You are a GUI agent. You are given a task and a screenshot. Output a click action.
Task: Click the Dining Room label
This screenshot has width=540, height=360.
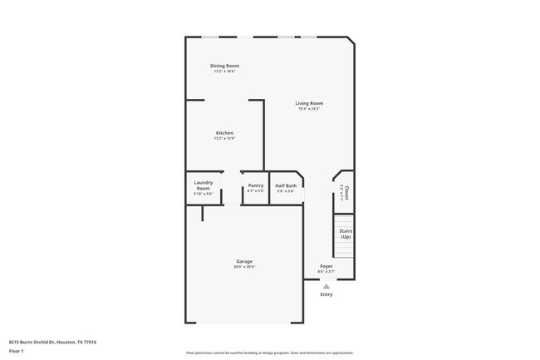224,66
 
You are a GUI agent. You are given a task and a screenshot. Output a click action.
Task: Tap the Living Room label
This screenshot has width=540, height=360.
309,103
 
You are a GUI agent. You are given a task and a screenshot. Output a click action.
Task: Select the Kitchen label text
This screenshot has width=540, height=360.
224,133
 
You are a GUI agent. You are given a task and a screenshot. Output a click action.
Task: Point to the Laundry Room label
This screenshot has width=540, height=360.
204,185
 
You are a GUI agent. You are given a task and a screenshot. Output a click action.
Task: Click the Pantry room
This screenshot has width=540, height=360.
256,188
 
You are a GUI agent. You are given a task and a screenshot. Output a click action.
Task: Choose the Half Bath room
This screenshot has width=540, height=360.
286,188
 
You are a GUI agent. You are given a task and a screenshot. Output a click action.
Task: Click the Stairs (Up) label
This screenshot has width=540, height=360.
346,234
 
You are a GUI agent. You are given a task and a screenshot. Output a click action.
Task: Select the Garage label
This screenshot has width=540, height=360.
243,261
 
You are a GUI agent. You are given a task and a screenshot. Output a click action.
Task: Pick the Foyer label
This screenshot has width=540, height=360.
326,266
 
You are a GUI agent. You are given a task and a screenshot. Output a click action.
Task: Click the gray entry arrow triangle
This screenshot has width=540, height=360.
326,285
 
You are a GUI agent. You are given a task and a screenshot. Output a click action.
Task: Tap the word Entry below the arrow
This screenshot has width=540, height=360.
326,294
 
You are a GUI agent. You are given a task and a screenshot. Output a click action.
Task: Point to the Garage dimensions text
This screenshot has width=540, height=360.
243,267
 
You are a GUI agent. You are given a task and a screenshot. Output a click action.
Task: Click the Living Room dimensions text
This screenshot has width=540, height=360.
309,109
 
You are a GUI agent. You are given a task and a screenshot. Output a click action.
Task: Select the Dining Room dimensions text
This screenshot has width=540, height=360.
224,72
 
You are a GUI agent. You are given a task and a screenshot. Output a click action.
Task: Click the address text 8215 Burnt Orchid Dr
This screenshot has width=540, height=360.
52,342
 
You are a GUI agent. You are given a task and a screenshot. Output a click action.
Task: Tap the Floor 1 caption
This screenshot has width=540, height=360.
17,351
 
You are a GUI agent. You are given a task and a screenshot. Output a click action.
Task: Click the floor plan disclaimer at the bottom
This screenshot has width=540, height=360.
270,353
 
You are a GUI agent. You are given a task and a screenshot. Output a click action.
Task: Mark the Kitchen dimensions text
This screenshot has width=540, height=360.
224,139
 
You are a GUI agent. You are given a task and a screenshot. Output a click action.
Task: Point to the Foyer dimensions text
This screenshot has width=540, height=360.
326,271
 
